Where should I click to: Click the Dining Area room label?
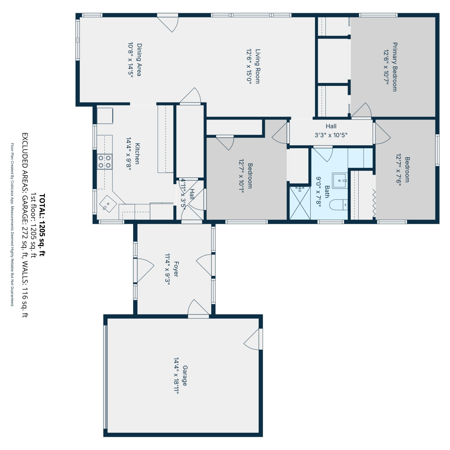click(x=139, y=60)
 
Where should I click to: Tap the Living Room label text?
click(x=258, y=66)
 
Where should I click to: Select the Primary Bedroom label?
click(x=395, y=67)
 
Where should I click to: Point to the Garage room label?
click(x=185, y=376)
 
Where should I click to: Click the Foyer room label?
click(x=176, y=269)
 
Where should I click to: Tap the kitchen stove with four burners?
click(x=105, y=162)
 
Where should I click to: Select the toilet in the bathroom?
click(x=339, y=205)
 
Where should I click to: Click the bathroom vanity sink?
click(x=340, y=181)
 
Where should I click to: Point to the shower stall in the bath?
click(x=300, y=203)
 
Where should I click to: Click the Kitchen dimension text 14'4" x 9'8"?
click(x=129, y=154)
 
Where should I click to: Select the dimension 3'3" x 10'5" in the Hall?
click(x=331, y=135)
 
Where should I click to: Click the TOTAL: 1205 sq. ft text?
click(x=42, y=225)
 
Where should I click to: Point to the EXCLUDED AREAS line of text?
click(x=25, y=225)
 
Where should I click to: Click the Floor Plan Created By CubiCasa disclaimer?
click(x=12, y=225)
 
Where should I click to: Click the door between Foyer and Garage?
click(x=199, y=308)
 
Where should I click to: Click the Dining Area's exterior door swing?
click(x=168, y=23)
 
